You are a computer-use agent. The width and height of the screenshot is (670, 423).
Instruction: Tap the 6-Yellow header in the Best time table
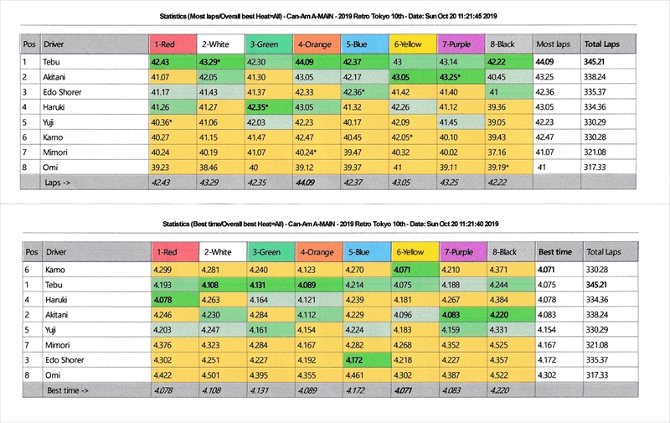[413, 251]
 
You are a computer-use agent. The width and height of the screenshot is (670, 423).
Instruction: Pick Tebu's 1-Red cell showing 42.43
[161, 62]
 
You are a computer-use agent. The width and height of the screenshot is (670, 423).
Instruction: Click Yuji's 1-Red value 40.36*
[162, 122]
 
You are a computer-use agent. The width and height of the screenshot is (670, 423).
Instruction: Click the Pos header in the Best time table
[30, 251]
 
